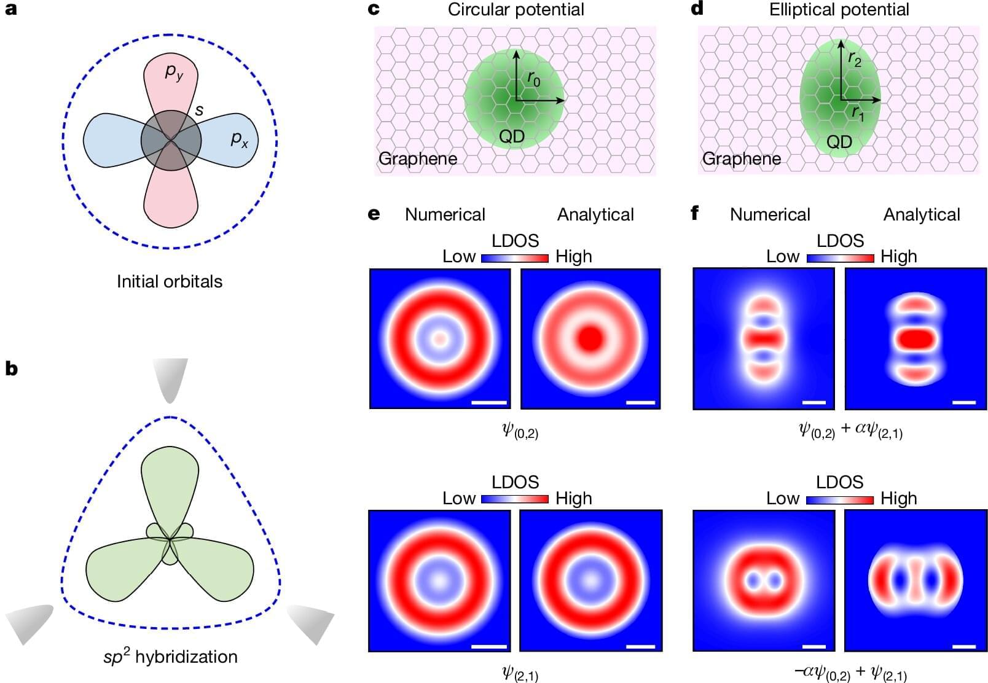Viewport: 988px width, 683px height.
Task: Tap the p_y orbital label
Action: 174,73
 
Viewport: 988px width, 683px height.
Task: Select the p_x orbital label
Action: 239,139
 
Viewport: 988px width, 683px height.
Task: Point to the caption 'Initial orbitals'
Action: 170,281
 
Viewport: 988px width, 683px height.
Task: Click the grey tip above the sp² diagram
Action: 170,378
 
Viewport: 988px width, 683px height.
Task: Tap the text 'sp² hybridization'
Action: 170,657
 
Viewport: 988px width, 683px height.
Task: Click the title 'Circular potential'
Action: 516,10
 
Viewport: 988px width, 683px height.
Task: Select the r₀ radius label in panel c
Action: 533,79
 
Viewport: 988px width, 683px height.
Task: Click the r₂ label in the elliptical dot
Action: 854,59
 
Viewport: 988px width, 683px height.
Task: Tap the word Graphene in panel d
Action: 741,158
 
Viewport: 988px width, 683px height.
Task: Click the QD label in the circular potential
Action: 511,136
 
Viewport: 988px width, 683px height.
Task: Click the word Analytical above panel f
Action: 921,214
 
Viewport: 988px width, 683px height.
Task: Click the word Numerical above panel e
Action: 445,214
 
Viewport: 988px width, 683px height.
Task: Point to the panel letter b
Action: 11,369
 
